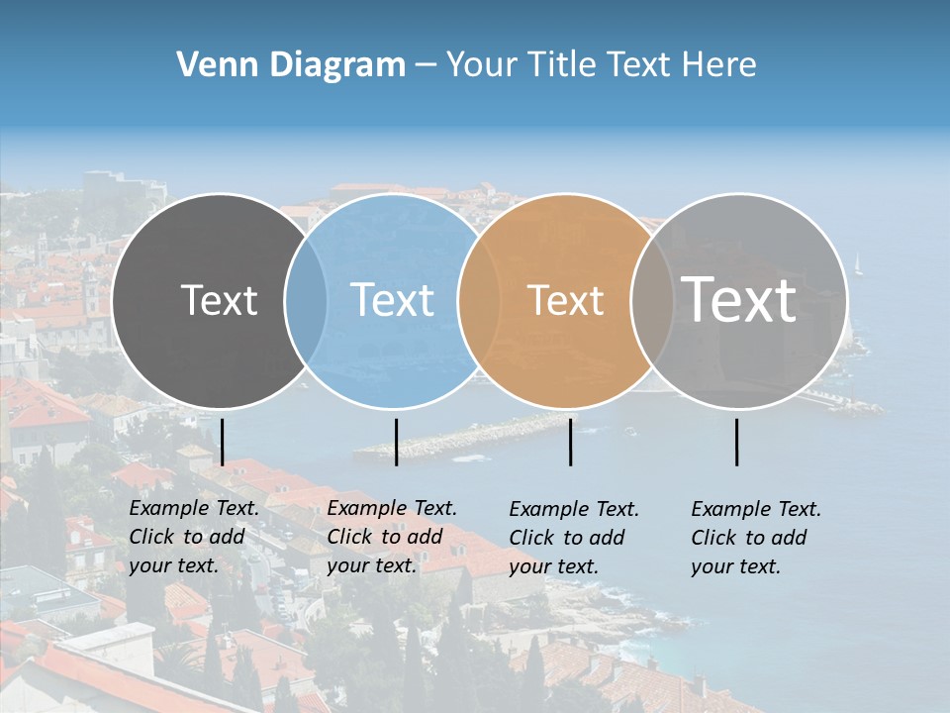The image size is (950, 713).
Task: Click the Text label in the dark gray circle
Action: coord(219,300)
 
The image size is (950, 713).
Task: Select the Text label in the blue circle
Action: coord(393,300)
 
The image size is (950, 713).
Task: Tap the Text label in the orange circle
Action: coord(566,300)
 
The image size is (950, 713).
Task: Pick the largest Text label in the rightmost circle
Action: coord(739,299)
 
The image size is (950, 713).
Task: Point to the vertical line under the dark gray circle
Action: coord(223,442)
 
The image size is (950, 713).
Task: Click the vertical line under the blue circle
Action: coord(396,442)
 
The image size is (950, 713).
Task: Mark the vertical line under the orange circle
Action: coord(571,442)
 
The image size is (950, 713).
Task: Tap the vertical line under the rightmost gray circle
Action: coord(737,442)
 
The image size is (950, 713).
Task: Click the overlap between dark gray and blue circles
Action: coord(306,300)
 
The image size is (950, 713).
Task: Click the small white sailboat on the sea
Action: coord(858,264)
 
